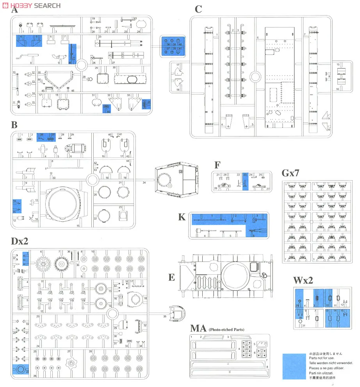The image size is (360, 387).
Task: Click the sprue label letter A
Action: [x=14, y=11]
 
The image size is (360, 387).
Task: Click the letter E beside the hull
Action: [x=171, y=277]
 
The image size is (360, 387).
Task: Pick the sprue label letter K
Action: [x=182, y=217]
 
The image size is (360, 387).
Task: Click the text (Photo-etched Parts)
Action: [x=226, y=330]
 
